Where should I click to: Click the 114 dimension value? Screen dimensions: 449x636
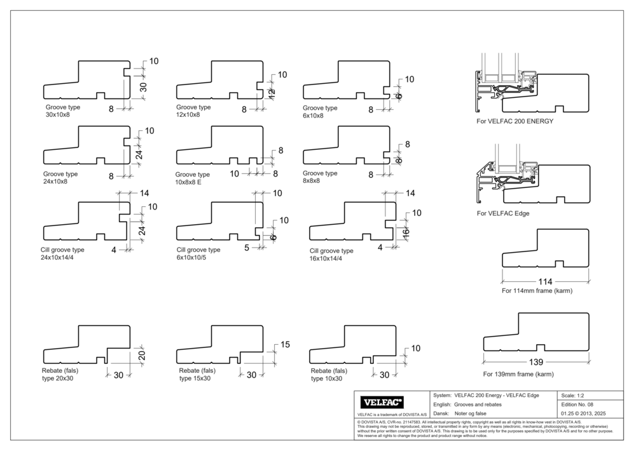[x=545, y=281]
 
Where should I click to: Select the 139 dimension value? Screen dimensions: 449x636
[x=536, y=363]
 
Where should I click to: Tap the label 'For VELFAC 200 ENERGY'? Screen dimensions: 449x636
[x=515, y=120]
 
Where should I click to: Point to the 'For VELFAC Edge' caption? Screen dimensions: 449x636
[x=502, y=213]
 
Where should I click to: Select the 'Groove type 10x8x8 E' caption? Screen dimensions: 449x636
[x=192, y=178]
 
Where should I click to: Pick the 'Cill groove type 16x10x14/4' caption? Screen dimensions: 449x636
[x=330, y=254]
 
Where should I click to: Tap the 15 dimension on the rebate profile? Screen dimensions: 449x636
[x=285, y=345]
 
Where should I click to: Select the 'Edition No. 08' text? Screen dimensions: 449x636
[x=577, y=405]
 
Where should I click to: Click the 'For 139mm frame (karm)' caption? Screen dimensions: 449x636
[x=518, y=374]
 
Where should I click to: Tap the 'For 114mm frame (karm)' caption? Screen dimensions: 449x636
[x=537, y=291]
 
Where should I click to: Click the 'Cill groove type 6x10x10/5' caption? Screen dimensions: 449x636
[x=198, y=253]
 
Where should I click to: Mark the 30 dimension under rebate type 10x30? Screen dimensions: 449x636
[x=384, y=375]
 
